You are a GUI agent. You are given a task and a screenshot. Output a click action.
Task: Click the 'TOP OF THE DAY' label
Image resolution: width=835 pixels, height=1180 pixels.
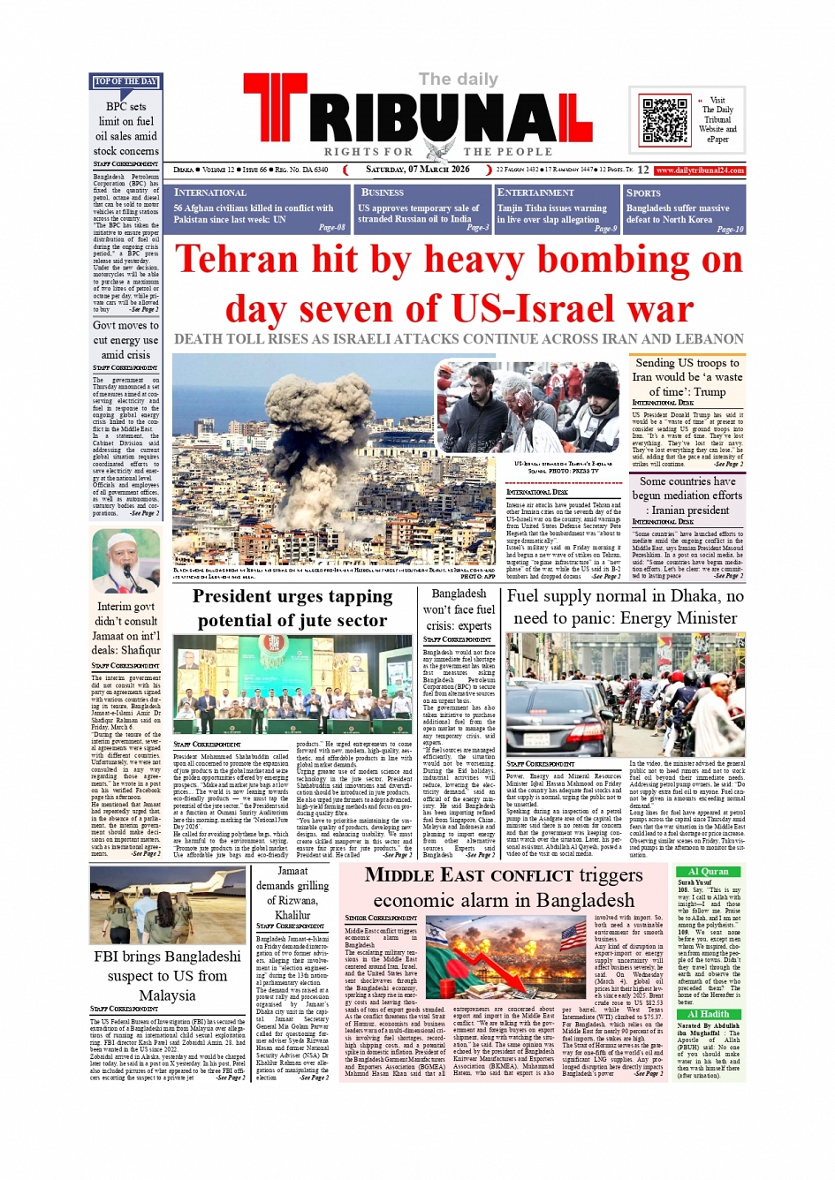pos(125,82)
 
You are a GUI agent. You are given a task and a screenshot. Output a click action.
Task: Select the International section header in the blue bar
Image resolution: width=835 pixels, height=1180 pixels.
pos(210,193)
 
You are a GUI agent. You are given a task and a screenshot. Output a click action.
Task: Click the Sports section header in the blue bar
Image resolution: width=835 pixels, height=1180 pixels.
pos(643,193)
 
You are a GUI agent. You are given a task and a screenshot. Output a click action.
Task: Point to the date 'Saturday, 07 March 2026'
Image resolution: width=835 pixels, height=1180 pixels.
pos(418,170)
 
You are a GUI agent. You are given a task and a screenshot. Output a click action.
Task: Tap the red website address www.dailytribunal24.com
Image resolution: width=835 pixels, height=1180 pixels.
pos(701,170)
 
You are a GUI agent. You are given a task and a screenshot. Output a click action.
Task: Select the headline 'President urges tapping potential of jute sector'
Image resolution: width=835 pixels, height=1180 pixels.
pos(292,609)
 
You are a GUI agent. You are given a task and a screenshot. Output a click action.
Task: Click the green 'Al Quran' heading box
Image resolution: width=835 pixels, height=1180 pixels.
pos(709,871)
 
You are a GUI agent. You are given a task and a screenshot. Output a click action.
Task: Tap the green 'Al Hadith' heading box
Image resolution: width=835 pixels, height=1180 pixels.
pos(709,1014)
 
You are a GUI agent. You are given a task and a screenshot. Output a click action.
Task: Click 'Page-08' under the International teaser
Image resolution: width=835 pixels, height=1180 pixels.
pos(331,228)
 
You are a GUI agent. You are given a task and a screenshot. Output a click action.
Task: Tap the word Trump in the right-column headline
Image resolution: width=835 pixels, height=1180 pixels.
pos(710,391)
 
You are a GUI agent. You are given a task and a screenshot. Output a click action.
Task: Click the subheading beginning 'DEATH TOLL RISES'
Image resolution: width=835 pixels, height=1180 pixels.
pos(459,339)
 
